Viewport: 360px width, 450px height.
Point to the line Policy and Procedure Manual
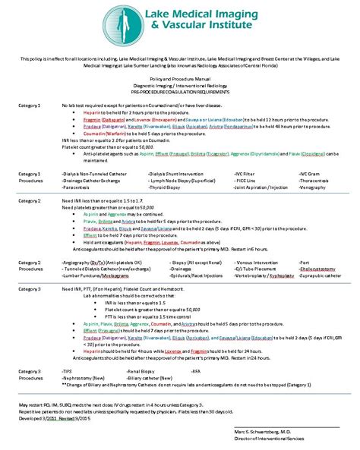pyautogui.click(x=181, y=78)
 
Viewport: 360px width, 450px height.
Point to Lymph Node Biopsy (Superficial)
pyautogui.click(x=175, y=181)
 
